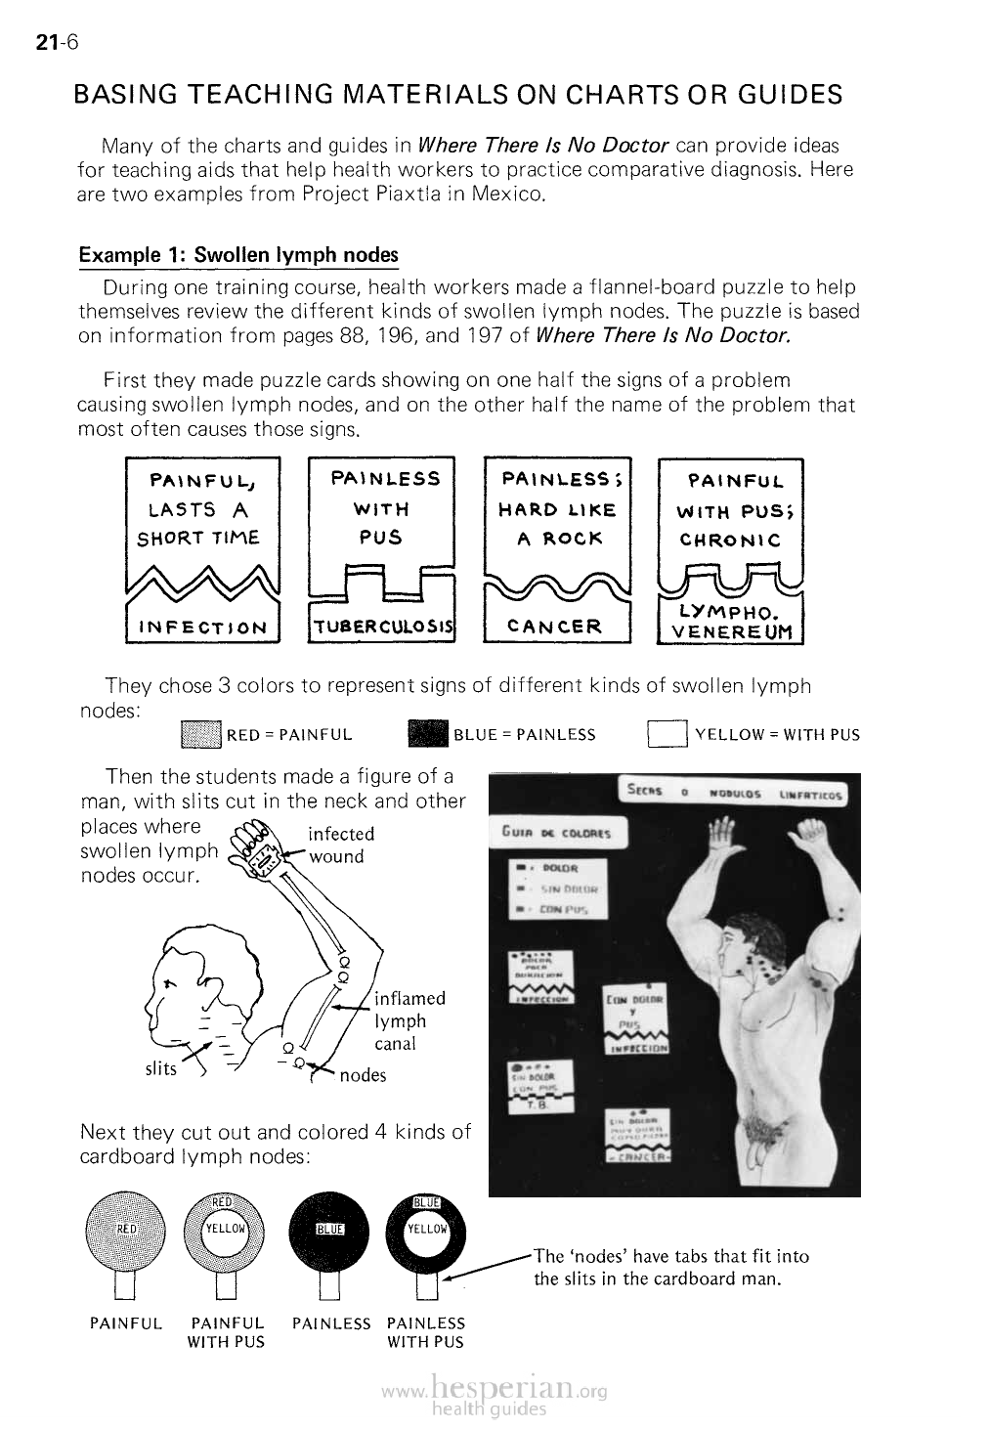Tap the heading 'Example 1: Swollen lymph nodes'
[238, 255]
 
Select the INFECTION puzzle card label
[203, 628]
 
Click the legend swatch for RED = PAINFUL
[201, 734]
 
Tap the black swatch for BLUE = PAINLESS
[426, 734]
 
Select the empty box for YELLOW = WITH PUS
[667, 734]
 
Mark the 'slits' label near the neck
[160, 1068]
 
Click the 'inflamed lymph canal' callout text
[409, 1020]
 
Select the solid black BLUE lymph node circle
[328, 1229]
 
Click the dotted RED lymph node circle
[126, 1229]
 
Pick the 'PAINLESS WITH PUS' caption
[426, 1332]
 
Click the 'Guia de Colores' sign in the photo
[557, 833]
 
